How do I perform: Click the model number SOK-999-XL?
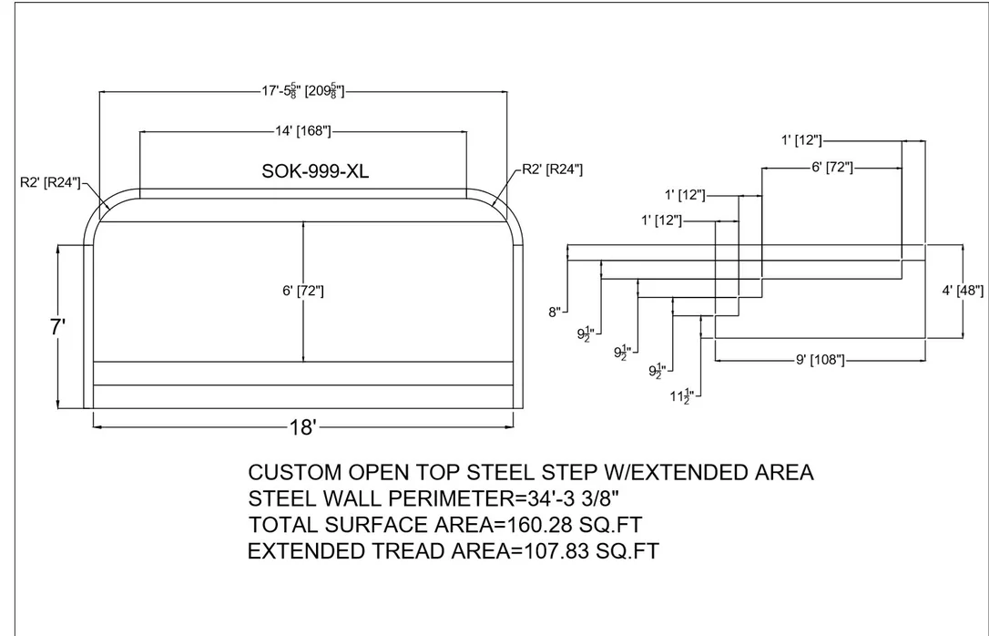[315, 171]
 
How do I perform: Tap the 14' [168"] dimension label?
[302, 131]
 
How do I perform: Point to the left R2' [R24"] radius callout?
[50, 183]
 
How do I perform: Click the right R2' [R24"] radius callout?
[553, 169]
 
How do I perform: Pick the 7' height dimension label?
[58, 327]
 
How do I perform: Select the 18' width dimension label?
[302, 427]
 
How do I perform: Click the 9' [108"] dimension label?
[820, 360]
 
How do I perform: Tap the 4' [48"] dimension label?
[963, 291]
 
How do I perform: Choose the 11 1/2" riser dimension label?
[682, 397]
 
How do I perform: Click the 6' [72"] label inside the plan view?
[303, 291]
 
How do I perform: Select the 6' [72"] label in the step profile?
[832, 168]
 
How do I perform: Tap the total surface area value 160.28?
[559, 525]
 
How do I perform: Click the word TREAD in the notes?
[407, 551]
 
